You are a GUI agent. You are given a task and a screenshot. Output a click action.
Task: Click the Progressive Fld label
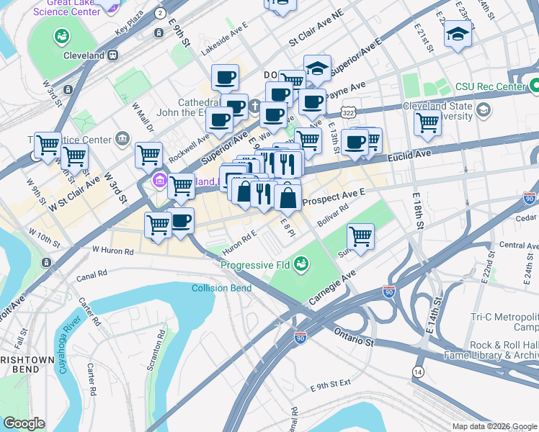click(256, 265)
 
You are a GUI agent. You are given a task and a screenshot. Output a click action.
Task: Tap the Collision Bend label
click(221, 289)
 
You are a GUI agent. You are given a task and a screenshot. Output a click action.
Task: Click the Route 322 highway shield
click(347, 113)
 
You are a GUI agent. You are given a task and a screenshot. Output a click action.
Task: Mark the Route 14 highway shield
click(417, 371)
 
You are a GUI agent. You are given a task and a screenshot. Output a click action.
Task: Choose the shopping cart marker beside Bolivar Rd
click(360, 235)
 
